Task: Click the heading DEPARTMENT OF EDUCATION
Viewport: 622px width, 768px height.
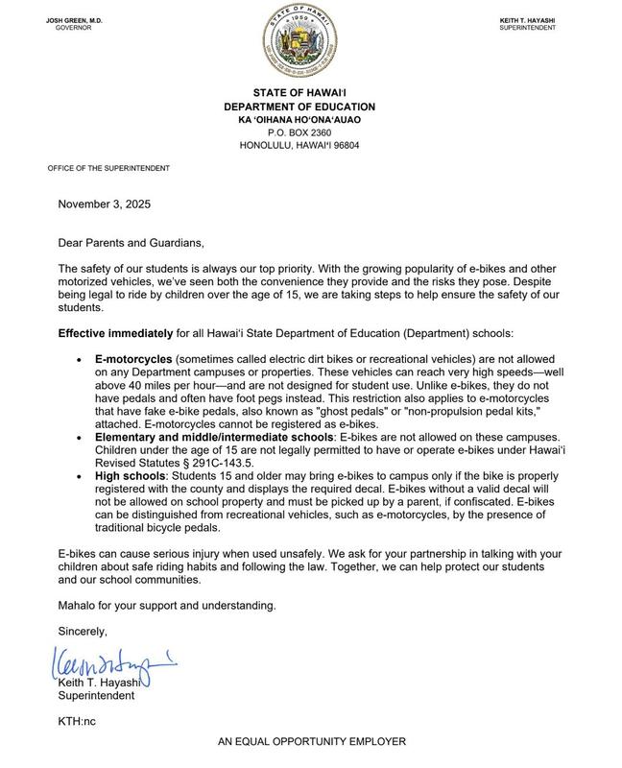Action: coord(312,107)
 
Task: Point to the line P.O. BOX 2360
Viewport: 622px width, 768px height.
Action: coord(312,132)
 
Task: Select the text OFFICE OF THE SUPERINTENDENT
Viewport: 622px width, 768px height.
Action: coord(108,168)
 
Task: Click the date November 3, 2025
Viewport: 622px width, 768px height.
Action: coord(104,204)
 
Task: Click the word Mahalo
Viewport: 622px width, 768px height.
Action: coord(81,606)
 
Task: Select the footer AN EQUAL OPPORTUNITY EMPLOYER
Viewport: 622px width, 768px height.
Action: coord(312,742)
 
